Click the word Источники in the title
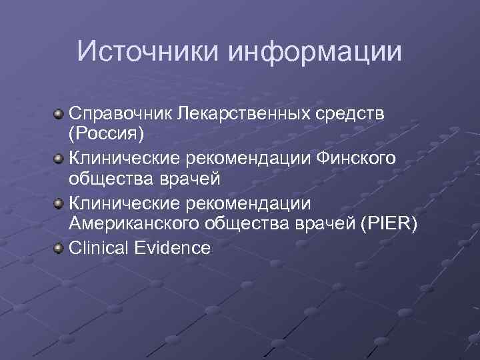click(149, 51)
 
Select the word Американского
click(133, 225)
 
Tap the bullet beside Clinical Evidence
click(59, 249)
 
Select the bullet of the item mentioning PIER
click(59, 203)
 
